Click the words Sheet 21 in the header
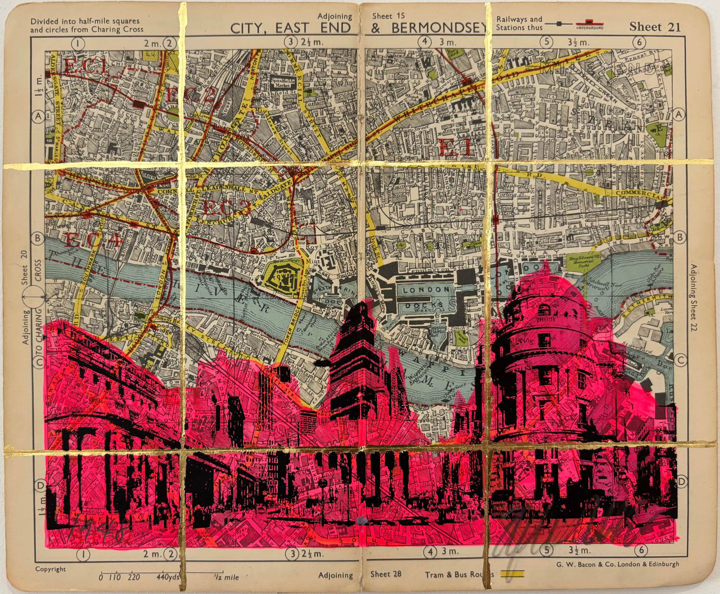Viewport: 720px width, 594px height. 655,27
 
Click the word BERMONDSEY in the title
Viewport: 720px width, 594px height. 439,28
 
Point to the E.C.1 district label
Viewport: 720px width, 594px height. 85,67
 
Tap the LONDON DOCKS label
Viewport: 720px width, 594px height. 426,297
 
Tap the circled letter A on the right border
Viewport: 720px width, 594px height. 678,115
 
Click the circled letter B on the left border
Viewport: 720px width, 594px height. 38,238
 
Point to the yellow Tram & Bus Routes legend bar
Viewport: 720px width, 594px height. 512,574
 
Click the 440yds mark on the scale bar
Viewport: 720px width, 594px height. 168,577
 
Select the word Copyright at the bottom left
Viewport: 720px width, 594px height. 50,569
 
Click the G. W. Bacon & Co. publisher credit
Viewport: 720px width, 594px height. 617,564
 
